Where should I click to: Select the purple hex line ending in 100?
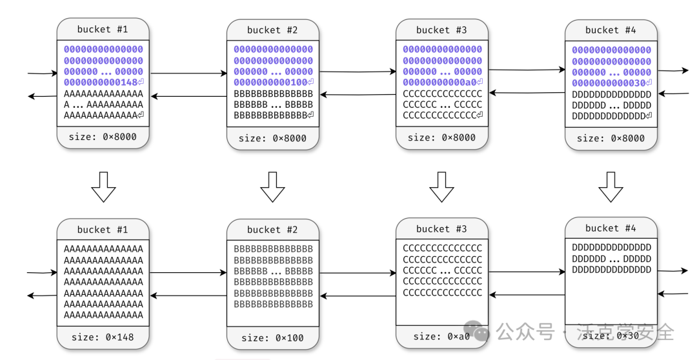273,83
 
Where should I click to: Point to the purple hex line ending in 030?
611,83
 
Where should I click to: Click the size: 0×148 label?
103,337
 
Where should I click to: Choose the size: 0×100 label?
272,338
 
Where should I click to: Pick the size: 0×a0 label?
442,336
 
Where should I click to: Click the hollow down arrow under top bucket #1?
103,186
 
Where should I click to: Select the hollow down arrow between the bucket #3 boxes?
441,186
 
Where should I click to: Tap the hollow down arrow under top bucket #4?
611,186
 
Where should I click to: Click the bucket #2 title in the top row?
272,30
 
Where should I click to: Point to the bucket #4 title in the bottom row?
611,228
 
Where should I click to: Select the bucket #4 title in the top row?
611,30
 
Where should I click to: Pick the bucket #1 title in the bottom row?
103,230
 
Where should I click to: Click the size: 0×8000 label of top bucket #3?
441,137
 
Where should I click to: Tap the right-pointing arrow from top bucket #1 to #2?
188,73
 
